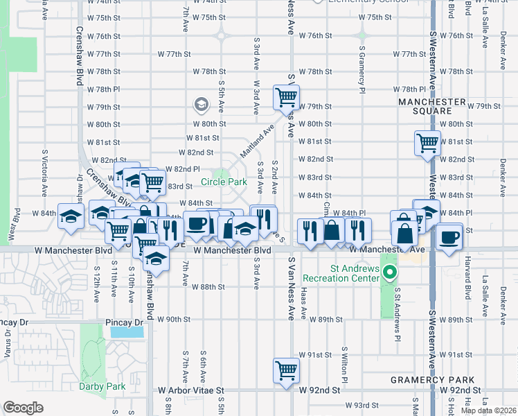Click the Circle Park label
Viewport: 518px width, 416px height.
point(224,182)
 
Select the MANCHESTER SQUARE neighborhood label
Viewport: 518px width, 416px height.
point(432,106)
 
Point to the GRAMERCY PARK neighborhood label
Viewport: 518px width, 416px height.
point(432,380)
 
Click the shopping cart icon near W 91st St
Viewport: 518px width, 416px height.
point(285,370)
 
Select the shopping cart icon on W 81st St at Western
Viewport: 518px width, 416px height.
point(427,143)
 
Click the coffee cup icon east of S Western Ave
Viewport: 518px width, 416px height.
point(449,237)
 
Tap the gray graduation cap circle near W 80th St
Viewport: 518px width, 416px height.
point(201,105)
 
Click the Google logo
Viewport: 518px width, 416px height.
point(23,408)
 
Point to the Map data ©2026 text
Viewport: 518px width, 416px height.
point(488,410)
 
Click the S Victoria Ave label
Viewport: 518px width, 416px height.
point(44,170)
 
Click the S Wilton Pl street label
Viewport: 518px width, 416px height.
point(344,364)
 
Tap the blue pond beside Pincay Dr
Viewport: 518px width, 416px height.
point(126,332)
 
